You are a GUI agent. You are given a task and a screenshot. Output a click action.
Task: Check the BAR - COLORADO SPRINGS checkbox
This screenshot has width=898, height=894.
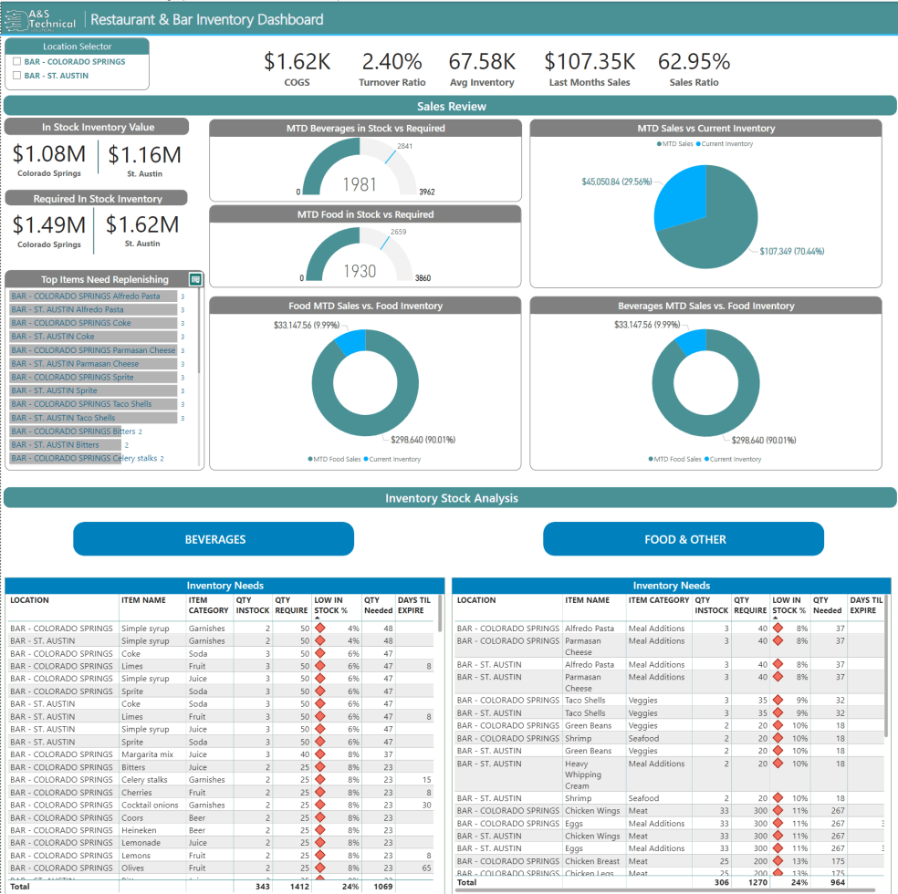pyautogui.click(x=17, y=62)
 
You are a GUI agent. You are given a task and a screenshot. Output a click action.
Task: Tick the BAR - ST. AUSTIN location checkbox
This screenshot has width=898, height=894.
pyautogui.click(x=17, y=76)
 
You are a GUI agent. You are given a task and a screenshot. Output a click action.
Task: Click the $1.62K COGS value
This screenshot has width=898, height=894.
pyautogui.click(x=297, y=62)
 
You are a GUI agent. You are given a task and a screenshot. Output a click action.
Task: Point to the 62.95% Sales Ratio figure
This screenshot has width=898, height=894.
pyautogui.click(x=694, y=62)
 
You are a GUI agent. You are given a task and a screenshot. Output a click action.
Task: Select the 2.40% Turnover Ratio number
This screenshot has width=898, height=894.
pyautogui.click(x=392, y=62)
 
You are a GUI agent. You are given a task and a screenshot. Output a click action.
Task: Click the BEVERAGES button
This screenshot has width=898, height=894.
pyautogui.click(x=214, y=539)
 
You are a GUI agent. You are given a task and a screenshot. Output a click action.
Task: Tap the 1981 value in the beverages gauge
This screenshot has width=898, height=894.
pyautogui.click(x=360, y=184)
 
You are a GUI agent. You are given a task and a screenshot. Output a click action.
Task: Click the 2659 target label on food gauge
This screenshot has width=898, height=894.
pyautogui.click(x=398, y=232)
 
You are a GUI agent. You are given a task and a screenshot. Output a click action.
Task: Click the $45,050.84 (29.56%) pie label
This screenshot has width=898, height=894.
pyautogui.click(x=616, y=182)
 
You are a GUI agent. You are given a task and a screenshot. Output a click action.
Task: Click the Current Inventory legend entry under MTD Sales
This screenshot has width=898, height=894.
pyautogui.click(x=726, y=144)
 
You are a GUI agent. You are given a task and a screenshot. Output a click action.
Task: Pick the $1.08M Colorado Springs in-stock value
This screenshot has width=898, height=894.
pyautogui.click(x=49, y=155)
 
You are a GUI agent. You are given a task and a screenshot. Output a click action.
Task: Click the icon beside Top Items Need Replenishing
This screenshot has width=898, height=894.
pyautogui.click(x=195, y=279)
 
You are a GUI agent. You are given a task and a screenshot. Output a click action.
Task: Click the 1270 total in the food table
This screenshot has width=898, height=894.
pyautogui.click(x=749, y=882)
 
